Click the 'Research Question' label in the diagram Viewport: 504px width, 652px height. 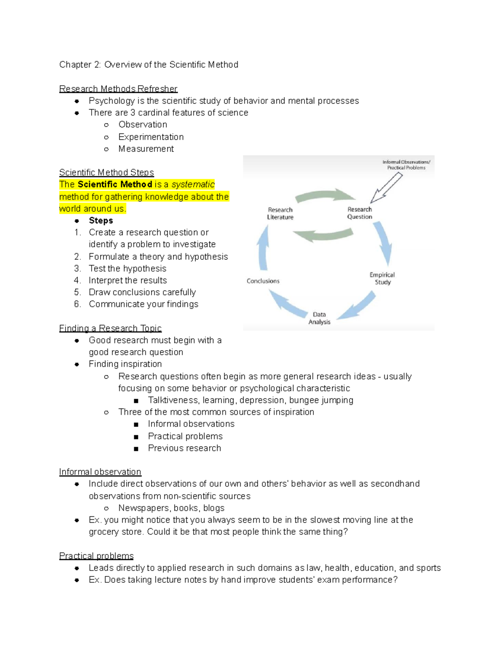coord(360,213)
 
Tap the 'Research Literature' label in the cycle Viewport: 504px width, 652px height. coord(280,213)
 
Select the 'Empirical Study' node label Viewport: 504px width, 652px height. coord(382,278)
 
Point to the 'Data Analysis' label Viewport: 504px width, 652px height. coord(319,318)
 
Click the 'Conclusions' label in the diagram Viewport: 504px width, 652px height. coord(263,281)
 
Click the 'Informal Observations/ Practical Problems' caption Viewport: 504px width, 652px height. coord(406,165)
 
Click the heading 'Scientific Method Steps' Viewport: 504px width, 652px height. coord(106,173)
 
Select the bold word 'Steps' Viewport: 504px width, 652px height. coord(101,220)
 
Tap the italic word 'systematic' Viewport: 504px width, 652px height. coord(193,184)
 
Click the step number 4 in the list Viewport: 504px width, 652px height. coord(77,280)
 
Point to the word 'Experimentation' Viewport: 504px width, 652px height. coord(151,137)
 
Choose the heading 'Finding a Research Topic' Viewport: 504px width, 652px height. coord(110,328)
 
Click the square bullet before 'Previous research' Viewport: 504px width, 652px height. coord(136,449)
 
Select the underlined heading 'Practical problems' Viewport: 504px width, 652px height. coord(96,556)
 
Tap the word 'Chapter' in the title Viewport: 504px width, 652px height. coord(75,65)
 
